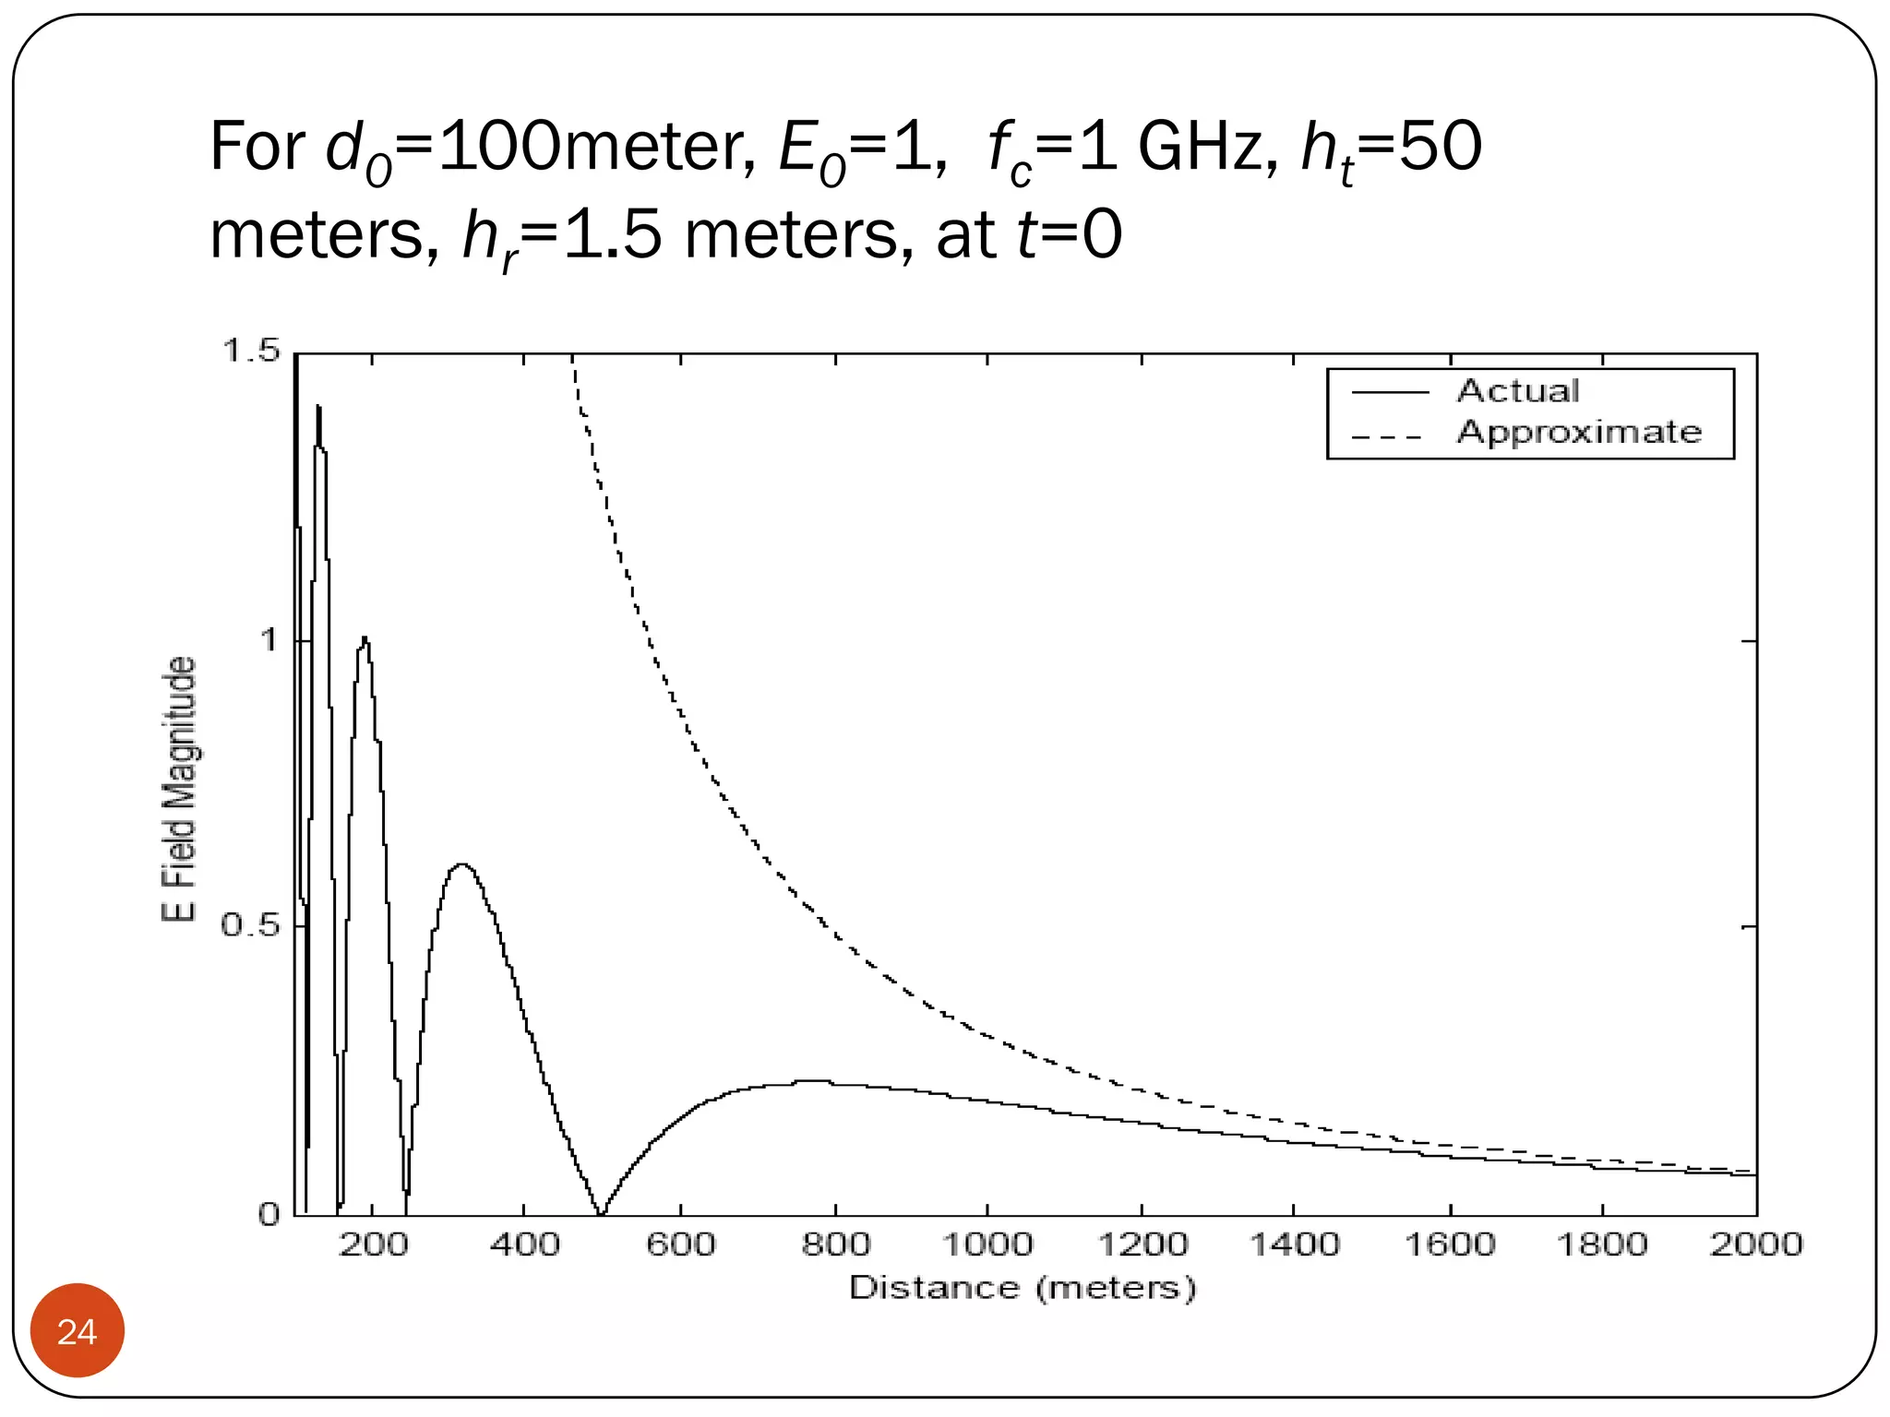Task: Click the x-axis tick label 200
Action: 373,1244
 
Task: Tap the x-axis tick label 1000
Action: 987,1244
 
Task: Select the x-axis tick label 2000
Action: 1755,1244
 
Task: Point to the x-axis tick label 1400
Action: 1294,1244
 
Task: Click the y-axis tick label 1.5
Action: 250,351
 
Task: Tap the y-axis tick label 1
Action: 268,639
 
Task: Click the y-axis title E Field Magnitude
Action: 179,789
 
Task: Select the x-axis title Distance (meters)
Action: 1023,1287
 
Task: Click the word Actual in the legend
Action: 1518,391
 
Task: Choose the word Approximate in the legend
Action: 1579,432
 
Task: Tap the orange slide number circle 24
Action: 78,1331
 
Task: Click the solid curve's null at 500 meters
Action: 601,1212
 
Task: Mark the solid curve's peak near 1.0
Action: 365,639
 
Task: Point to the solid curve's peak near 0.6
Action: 462,865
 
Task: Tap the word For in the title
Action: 257,147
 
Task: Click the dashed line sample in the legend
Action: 1389,435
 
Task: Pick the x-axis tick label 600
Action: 680,1244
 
